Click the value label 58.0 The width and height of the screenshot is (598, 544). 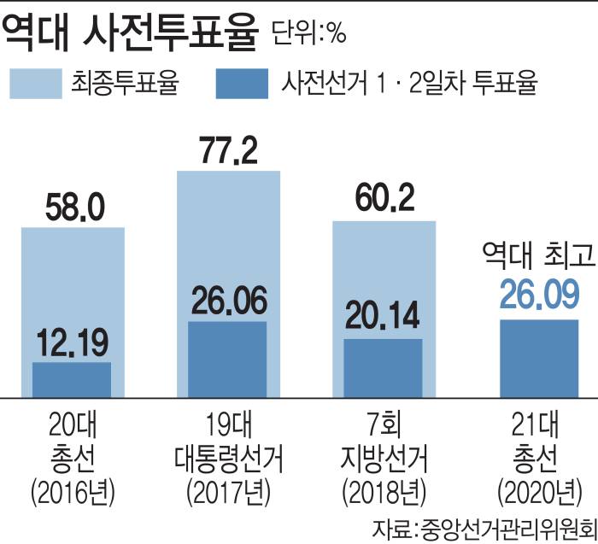tap(73, 206)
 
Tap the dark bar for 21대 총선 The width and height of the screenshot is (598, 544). tap(539, 359)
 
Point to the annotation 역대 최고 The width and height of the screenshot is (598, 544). tap(537, 254)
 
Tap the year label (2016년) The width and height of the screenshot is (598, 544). tap(72, 492)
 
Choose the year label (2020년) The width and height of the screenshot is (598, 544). tap(538, 492)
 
